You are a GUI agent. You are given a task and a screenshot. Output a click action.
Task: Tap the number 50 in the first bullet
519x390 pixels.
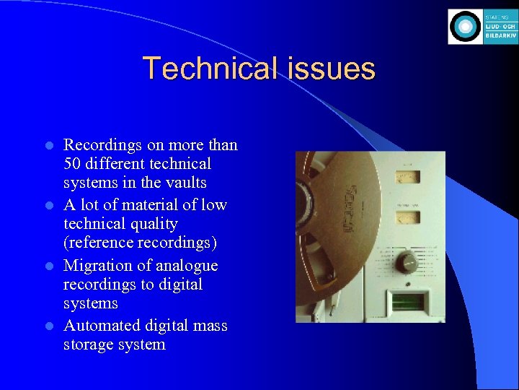pyautogui.click(x=73, y=164)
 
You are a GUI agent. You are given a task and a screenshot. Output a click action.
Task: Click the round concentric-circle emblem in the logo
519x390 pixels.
pyautogui.click(x=465, y=27)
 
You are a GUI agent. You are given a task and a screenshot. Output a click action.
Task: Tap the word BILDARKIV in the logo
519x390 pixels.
pyautogui.click(x=501, y=35)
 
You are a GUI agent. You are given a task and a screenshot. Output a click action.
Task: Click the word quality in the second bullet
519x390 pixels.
pyautogui.click(x=151, y=224)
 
